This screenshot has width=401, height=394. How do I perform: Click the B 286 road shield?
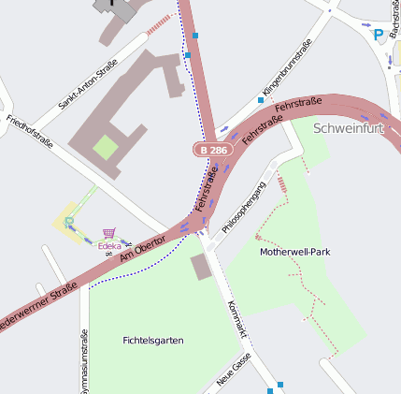pyautogui.click(x=213, y=149)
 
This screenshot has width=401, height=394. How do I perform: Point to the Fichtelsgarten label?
pyautogui.click(x=153, y=340)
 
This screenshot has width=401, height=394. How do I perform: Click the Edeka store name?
pyautogui.click(x=110, y=245)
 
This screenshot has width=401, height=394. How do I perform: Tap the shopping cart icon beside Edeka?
pyautogui.click(x=109, y=233)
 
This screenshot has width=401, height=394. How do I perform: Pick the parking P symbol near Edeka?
pyautogui.click(x=69, y=222)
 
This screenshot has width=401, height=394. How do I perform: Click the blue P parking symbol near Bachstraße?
pyautogui.click(x=379, y=35)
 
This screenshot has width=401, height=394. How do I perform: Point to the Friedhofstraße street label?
pyautogui.click(x=29, y=132)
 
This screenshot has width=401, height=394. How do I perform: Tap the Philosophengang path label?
pyautogui.click(x=244, y=207)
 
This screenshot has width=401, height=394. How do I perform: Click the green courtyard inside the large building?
pyautogui.click(x=106, y=147)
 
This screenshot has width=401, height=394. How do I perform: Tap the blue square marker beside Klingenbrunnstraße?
pyautogui.click(x=260, y=99)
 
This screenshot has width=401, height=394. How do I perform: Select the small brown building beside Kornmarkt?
pyautogui.click(x=201, y=267)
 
